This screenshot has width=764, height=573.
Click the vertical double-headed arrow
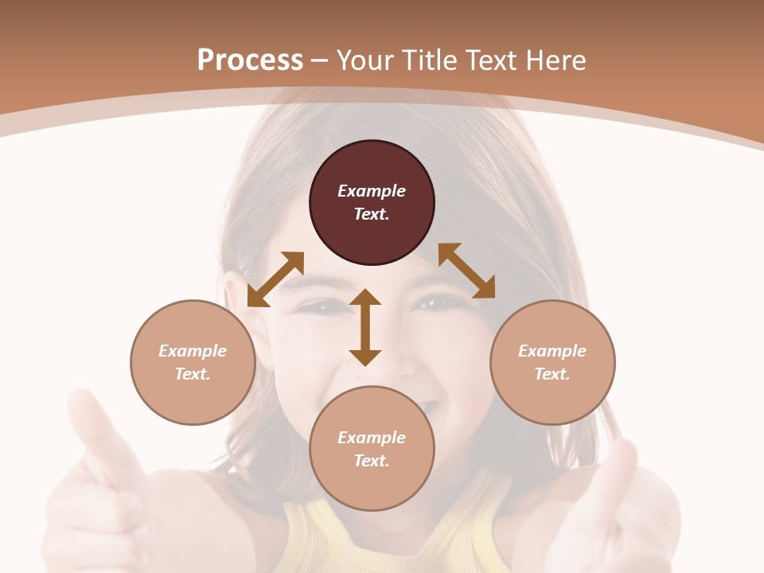[x=365, y=327]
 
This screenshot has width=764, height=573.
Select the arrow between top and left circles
[x=275, y=279]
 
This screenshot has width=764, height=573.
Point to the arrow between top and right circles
[x=466, y=271]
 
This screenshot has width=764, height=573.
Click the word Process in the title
[x=250, y=60]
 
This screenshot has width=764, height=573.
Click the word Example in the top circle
[x=372, y=191]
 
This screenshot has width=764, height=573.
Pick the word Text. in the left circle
[x=193, y=374]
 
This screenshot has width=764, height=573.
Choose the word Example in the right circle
[x=552, y=351]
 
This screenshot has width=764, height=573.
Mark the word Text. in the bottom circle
[x=372, y=461]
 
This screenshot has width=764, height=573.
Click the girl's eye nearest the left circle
[x=324, y=306]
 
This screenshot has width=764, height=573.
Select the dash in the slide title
[x=320, y=60]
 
